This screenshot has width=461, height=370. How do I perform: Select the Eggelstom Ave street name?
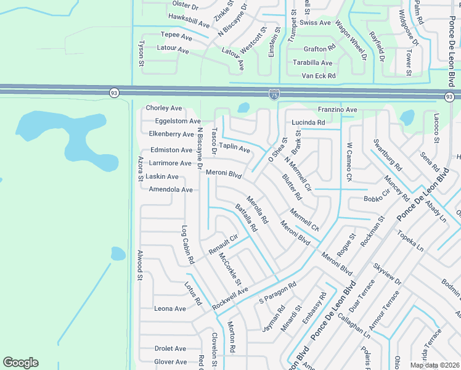(177, 121)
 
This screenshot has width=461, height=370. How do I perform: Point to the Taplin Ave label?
(235, 148)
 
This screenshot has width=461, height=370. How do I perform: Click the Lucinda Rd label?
(308, 123)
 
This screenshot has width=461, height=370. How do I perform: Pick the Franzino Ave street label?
(337, 110)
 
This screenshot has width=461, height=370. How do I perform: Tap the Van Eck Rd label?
(319, 76)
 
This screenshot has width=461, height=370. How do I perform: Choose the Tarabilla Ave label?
(312, 63)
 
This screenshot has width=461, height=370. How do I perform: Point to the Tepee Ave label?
(176, 36)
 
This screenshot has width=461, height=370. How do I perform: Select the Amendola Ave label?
(171, 189)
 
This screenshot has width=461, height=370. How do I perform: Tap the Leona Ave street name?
(170, 309)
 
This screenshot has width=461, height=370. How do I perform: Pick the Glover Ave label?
(170, 362)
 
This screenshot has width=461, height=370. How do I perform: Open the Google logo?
(21, 362)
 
